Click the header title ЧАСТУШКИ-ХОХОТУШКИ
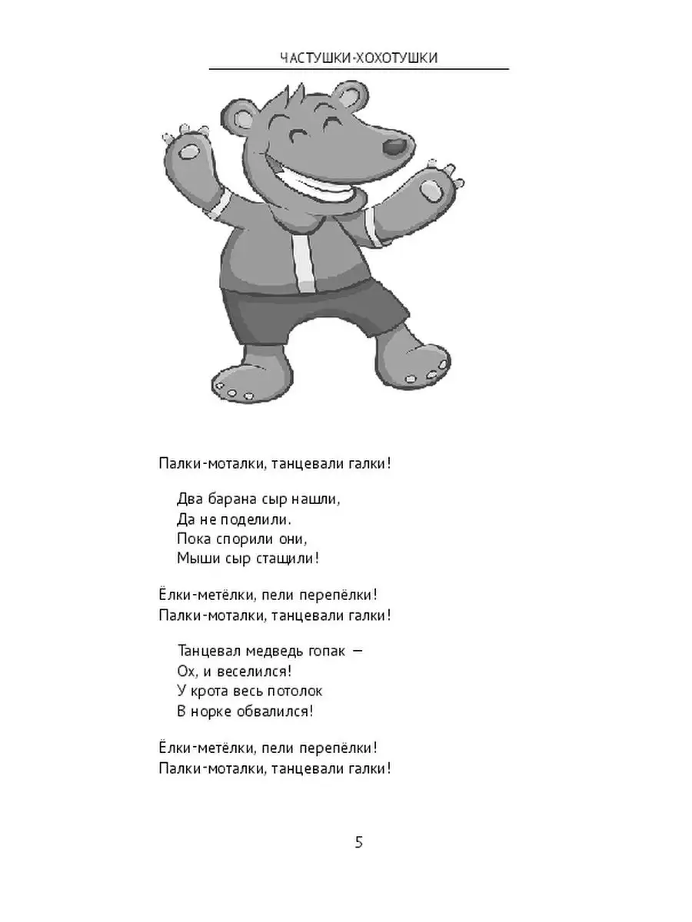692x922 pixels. (x=359, y=58)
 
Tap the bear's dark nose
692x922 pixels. (x=397, y=145)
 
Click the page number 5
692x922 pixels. (x=359, y=842)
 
